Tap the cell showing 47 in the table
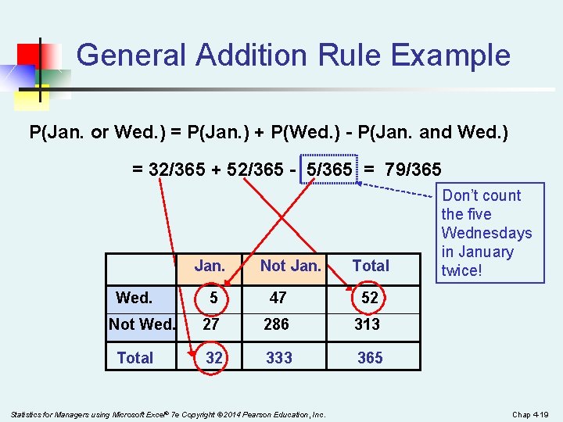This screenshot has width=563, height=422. tap(278, 298)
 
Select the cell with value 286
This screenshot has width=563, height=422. tap(276, 324)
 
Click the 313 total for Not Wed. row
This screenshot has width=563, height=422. tap(367, 324)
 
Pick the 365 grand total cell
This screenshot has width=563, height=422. tap(370, 358)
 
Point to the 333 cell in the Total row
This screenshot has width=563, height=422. tap(279, 358)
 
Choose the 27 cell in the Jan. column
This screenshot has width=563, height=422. tap(210, 324)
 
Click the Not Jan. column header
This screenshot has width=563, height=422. tap(290, 266)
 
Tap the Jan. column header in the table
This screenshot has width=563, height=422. tap(210, 266)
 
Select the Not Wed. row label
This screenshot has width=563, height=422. tap(142, 324)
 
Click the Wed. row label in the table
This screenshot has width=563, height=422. tap(134, 298)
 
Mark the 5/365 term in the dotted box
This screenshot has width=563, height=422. tap(329, 169)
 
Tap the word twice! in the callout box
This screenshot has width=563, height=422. tap(461, 270)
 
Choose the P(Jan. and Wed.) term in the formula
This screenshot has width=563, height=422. tap(442, 132)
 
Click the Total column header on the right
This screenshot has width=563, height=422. tap(371, 266)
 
